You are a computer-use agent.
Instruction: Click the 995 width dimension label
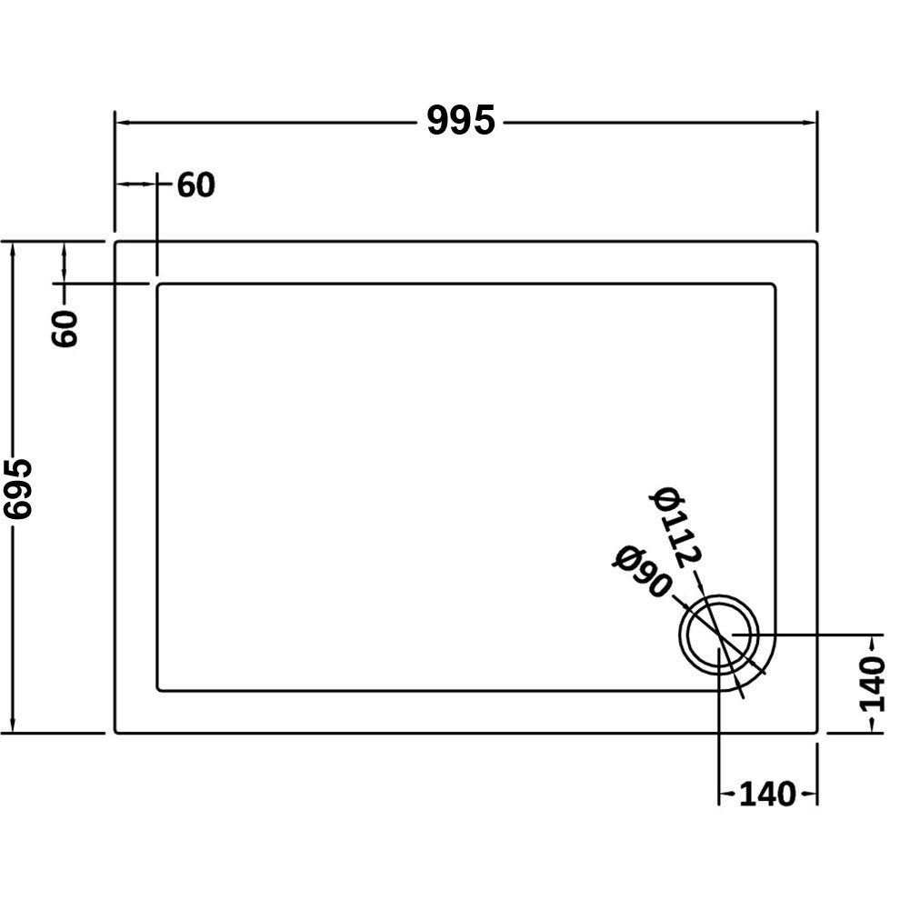click(461, 120)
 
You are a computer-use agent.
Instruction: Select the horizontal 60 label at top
click(195, 185)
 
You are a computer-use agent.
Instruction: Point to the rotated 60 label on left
click(66, 327)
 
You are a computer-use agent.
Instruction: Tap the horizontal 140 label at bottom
click(767, 794)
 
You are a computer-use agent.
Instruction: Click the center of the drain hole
click(720, 634)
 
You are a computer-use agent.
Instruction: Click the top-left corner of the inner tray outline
click(160, 285)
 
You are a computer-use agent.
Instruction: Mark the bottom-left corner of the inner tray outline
click(160, 689)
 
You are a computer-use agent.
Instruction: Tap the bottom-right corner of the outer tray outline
click(817, 732)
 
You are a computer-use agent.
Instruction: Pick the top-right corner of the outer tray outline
click(817, 243)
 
